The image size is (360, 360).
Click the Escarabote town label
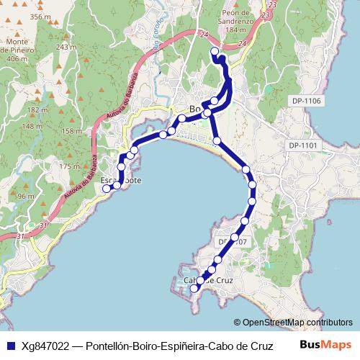point(121,180)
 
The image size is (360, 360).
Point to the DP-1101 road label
point(303,145)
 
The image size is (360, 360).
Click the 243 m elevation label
point(66,47)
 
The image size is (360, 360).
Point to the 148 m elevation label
point(32,126)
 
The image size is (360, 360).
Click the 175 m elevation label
point(69,166)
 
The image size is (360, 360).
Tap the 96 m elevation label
point(26,196)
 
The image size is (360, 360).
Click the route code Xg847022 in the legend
point(45,345)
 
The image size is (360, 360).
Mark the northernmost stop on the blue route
point(215,52)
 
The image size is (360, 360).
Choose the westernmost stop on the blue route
point(107,189)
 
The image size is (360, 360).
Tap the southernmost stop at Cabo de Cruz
point(193,289)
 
